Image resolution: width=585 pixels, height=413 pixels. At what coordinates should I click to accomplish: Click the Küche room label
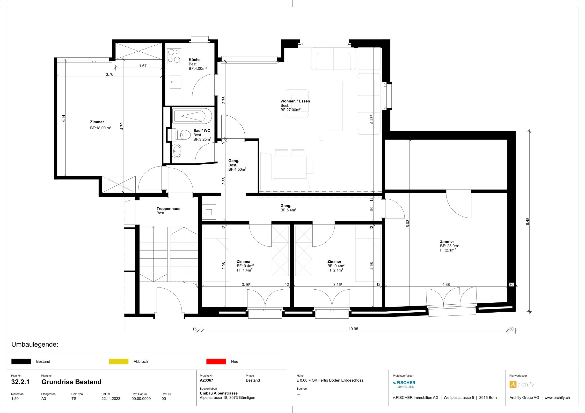(194, 60)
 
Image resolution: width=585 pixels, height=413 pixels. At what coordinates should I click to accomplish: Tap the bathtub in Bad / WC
(192, 116)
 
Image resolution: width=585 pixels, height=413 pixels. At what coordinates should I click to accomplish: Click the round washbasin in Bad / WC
(176, 151)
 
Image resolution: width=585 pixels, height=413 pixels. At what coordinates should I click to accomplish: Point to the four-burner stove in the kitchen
(174, 56)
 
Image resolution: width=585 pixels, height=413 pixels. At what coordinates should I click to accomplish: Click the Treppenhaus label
(168, 209)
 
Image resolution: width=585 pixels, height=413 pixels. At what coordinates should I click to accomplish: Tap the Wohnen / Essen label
(295, 101)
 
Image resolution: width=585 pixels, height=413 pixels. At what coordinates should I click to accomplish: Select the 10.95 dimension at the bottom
(353, 329)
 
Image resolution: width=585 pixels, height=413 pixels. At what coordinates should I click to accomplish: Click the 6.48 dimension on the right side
(527, 221)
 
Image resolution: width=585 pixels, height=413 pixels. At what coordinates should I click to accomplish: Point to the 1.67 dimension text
(143, 66)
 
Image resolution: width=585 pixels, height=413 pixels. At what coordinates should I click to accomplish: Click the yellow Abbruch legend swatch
(118, 361)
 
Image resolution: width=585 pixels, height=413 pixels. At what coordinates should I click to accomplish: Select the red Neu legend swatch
(216, 361)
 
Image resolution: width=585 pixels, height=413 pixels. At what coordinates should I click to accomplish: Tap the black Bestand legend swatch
(21, 361)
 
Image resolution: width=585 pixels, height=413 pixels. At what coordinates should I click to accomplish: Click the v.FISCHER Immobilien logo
(404, 384)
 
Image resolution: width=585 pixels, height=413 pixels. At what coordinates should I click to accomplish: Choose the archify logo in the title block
(522, 385)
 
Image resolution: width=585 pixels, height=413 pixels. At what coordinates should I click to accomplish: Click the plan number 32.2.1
(20, 382)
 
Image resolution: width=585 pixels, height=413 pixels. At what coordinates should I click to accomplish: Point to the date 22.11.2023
(111, 399)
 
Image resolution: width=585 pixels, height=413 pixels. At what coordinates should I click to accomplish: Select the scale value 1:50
(15, 399)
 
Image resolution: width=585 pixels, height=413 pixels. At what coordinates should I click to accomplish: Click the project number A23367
(206, 380)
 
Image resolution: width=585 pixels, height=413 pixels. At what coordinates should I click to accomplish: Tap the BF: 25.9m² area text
(449, 246)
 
